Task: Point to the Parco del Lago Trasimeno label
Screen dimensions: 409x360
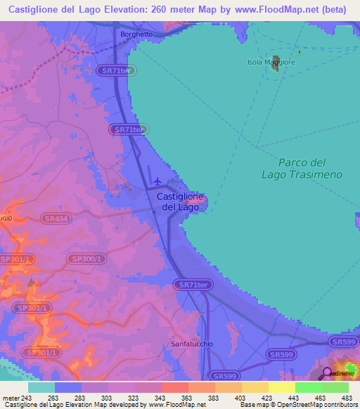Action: click(x=301, y=168)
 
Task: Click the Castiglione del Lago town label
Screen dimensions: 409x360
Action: click(x=180, y=202)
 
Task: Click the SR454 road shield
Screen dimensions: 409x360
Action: click(x=55, y=219)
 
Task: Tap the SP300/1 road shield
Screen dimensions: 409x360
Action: click(x=87, y=259)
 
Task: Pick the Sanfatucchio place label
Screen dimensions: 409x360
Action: click(x=192, y=344)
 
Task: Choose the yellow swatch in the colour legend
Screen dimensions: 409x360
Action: click(x=281, y=387)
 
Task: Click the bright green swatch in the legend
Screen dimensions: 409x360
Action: click(x=308, y=387)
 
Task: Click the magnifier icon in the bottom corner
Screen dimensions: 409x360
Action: click(x=327, y=373)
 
